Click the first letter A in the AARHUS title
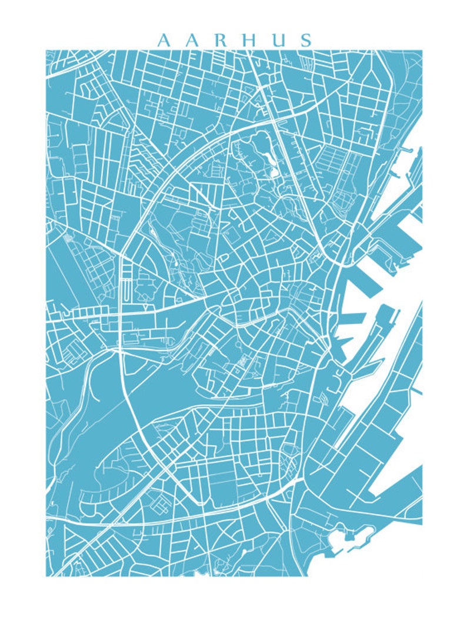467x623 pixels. point(164,40)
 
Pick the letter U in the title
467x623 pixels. point(278,40)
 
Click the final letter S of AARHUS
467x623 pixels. point(304,40)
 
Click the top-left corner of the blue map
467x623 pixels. point(46,51)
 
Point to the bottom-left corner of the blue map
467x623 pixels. point(46,575)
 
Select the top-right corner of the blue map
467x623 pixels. point(421,51)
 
